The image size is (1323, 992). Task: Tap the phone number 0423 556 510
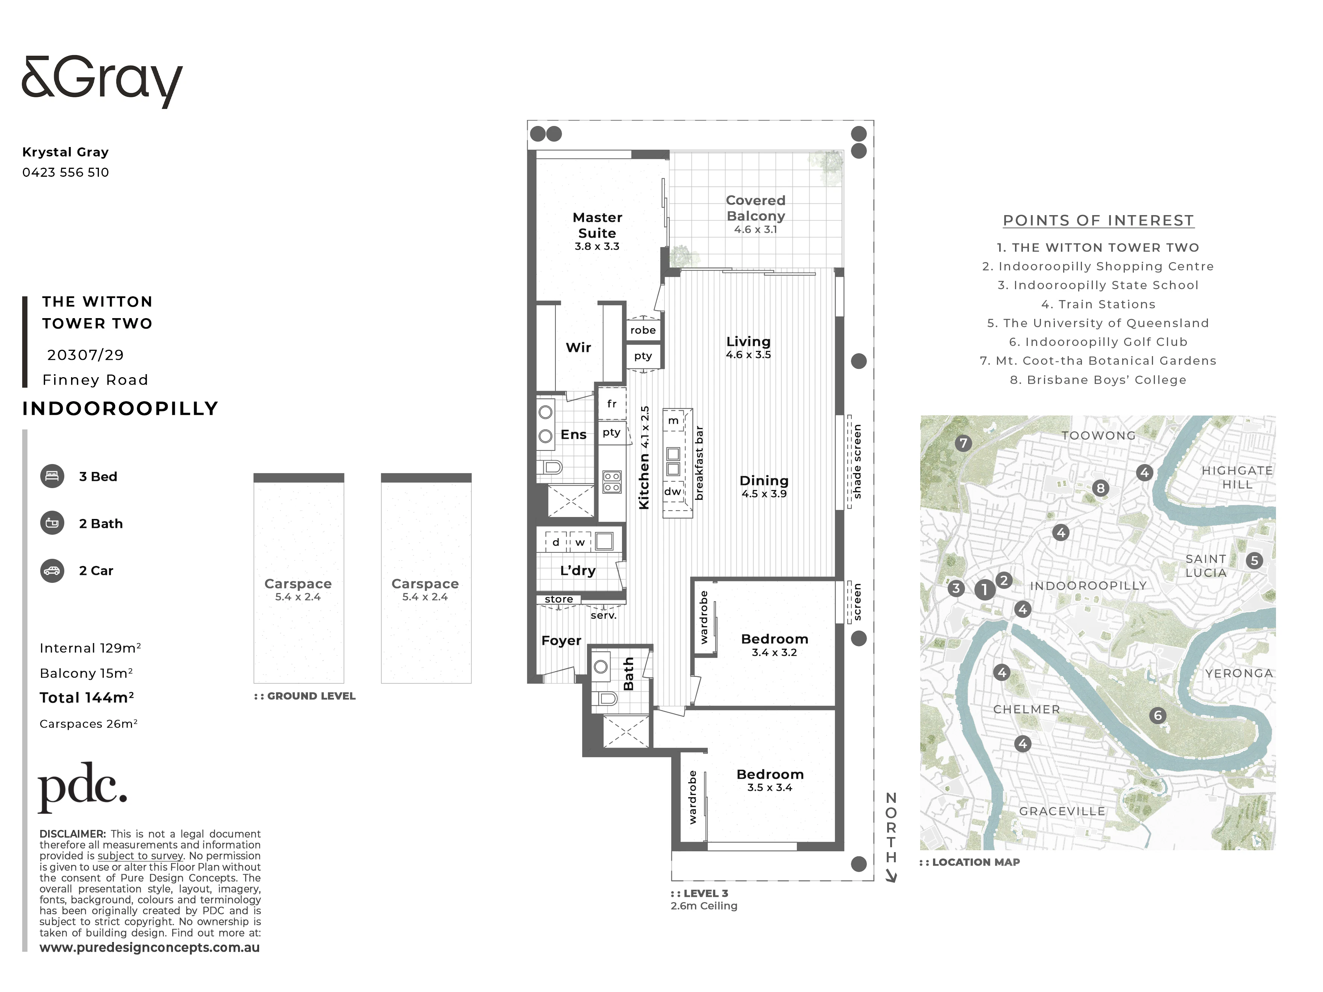66,172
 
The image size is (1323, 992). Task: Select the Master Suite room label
598,225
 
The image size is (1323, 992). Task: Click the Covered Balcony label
756,208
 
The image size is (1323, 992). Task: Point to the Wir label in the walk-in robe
578,347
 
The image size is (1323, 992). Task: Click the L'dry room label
578,570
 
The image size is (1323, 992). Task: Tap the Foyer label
561,640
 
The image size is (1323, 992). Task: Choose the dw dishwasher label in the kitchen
673,491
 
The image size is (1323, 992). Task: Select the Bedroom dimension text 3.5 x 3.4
770,787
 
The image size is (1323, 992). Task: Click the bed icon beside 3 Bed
52,476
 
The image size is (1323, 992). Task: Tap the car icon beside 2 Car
52,570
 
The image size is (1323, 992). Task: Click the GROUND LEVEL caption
305,696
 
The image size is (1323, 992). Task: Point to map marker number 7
963,443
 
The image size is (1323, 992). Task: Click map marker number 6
1158,715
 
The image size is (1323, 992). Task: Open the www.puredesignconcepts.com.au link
150,948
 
